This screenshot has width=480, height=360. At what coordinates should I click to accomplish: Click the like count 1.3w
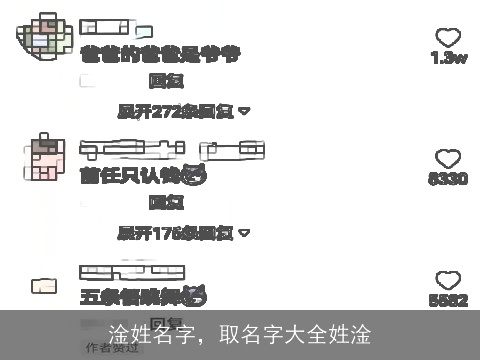coord(449,58)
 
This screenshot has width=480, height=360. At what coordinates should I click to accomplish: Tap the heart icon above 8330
coord(448,158)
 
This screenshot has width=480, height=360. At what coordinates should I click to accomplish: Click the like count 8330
coord(448,179)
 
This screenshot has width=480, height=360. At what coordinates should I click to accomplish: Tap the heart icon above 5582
coord(448,280)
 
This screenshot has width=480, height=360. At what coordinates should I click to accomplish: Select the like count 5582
coord(448,300)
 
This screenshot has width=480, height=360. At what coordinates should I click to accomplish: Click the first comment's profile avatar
coord(44,37)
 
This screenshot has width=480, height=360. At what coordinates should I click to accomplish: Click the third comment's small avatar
coord(43,286)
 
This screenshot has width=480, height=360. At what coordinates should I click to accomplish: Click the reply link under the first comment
coord(165,80)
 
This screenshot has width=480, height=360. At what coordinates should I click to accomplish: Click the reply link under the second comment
coord(165,203)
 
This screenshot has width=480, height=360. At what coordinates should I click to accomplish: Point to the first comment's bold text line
coord(160,55)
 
